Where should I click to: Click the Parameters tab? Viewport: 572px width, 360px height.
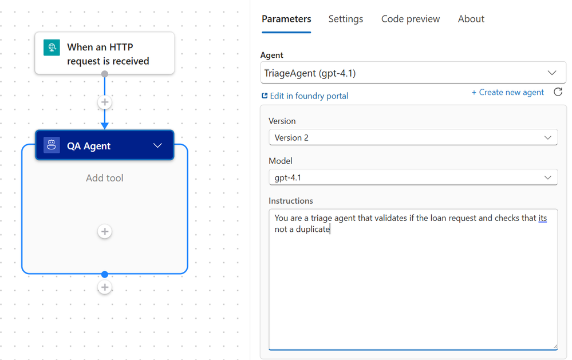(x=286, y=19)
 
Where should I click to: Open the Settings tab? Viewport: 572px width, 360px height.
(x=345, y=19)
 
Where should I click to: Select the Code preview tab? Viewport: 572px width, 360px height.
(x=411, y=19)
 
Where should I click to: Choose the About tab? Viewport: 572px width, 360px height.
(x=471, y=19)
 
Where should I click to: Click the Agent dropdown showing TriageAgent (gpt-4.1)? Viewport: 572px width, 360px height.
(x=413, y=73)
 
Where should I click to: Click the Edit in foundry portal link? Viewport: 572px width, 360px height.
(x=305, y=96)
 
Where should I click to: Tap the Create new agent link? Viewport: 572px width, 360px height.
(x=507, y=92)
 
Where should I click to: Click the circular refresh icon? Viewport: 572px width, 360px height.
(x=558, y=92)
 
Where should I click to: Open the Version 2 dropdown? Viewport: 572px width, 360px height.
(x=413, y=137)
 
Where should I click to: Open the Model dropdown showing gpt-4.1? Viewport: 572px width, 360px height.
(x=413, y=177)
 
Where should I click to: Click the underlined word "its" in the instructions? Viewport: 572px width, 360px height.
(x=542, y=218)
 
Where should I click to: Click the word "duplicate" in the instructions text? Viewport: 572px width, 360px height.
(x=313, y=229)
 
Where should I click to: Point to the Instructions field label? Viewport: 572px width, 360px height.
(x=291, y=201)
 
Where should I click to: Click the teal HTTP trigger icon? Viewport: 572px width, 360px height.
(x=52, y=48)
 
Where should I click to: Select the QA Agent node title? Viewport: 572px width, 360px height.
(x=89, y=146)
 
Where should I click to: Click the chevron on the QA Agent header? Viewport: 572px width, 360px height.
(x=157, y=145)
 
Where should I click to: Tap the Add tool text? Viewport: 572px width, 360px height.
(x=105, y=178)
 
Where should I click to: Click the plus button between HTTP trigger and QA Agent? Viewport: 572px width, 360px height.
(x=105, y=102)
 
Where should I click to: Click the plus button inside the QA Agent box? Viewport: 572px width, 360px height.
(x=105, y=231)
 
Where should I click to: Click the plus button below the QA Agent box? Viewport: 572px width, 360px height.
(x=105, y=287)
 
